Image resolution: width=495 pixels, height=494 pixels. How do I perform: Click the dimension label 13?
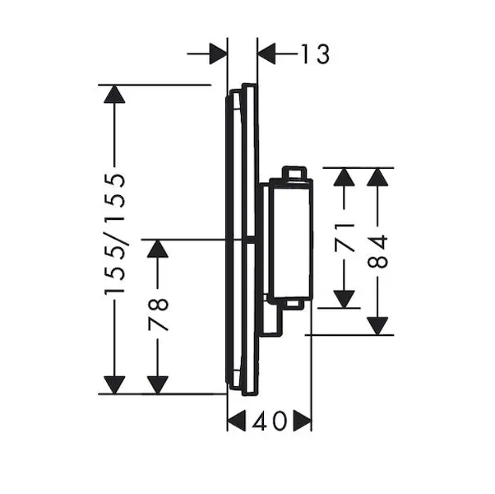313,54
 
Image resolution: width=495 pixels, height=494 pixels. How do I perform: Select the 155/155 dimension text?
115,235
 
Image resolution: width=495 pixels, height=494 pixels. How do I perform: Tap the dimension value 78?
158,314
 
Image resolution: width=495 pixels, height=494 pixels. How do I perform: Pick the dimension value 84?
377,250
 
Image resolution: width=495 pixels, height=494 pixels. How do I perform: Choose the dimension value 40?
269,422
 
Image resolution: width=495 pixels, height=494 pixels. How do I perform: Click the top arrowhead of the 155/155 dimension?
115,94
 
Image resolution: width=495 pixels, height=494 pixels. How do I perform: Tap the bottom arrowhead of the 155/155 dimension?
115,384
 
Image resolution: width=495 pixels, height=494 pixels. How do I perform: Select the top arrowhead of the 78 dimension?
158,249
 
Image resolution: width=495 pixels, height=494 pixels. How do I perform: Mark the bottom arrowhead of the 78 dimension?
158,384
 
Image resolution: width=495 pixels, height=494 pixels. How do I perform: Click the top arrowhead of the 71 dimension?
344,177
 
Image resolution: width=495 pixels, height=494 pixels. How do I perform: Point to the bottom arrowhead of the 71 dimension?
344,298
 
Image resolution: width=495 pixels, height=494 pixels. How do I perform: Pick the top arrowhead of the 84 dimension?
377,177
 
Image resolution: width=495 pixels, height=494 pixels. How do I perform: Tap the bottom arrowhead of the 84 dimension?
377,325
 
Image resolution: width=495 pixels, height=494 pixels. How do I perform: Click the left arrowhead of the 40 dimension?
237,422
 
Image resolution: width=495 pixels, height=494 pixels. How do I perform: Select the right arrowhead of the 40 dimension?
302,422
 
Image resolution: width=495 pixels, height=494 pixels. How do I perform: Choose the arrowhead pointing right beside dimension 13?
218,54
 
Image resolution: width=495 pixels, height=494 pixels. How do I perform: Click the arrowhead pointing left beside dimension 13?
267,54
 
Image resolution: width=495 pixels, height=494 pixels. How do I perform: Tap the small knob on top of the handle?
294,173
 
